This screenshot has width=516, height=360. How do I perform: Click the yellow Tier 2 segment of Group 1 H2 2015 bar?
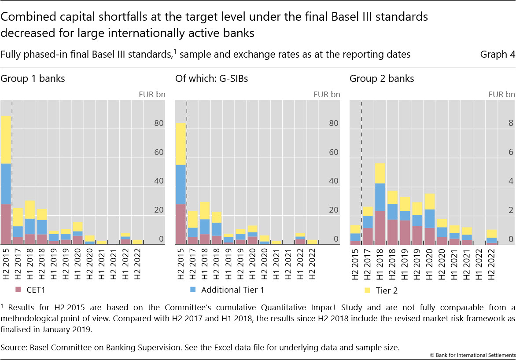(6, 140)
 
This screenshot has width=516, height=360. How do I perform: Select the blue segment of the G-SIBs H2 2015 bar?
(181, 184)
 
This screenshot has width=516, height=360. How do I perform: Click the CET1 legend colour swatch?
(18, 290)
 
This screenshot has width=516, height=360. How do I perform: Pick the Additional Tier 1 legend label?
(232, 290)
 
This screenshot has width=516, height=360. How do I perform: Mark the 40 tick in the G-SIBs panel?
(333, 181)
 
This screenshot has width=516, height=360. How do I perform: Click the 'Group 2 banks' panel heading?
(382, 79)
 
